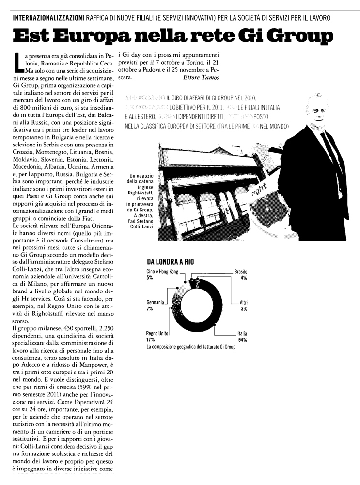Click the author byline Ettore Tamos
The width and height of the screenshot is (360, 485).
[x=202, y=77]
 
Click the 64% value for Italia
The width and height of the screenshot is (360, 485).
[x=242, y=340]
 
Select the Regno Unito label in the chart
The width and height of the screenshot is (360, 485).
[x=157, y=334]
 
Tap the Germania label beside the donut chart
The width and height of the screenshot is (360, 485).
[x=156, y=302]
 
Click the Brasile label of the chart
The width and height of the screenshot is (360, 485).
[x=241, y=272]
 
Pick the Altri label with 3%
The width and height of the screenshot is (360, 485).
[x=243, y=302]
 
